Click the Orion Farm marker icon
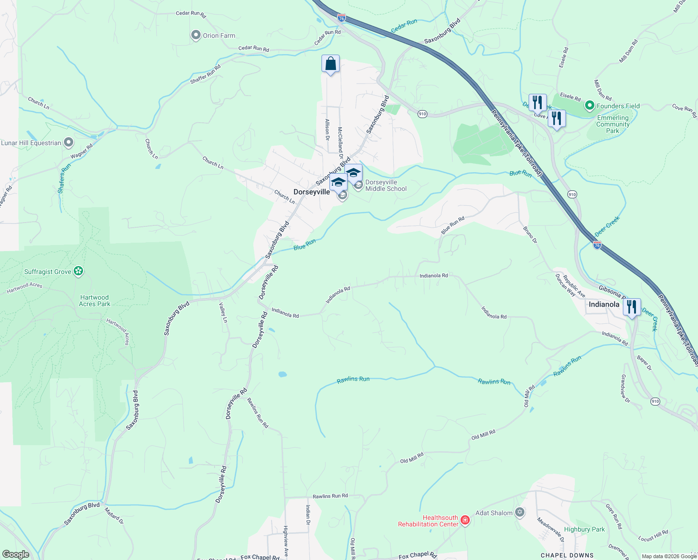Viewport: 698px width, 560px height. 196,35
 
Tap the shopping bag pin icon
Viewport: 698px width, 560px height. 330,63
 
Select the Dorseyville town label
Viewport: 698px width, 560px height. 312,192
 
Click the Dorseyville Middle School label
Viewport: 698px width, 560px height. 386,186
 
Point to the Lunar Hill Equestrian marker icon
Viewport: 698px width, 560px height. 69,142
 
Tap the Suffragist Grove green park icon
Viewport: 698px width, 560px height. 78,271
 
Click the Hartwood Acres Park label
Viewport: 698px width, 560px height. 94,301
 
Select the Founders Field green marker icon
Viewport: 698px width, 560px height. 589,106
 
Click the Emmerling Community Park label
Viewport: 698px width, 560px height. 613,124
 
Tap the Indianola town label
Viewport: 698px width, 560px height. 604,304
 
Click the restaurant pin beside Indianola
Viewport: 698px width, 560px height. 632,307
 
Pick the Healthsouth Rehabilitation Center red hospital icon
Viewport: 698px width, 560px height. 465,520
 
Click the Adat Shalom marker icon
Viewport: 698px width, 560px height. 520,513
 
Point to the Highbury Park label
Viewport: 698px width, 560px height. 584,529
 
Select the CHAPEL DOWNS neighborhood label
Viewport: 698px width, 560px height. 567,555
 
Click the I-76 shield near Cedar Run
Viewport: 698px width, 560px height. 342,18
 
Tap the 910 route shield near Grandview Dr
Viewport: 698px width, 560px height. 655,401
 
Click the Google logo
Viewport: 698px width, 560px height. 15,554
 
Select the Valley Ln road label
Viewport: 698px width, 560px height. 223,313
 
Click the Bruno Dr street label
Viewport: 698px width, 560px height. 530,235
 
